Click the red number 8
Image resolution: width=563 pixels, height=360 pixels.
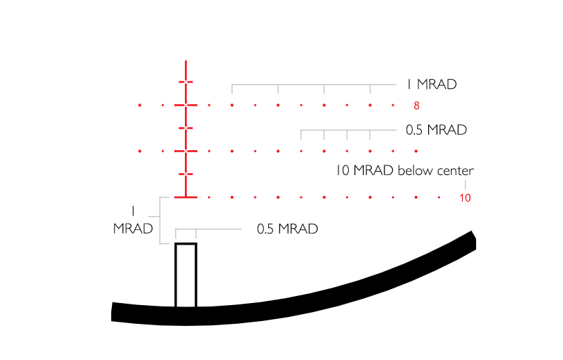click(x=416, y=106)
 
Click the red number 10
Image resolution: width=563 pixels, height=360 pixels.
click(x=465, y=198)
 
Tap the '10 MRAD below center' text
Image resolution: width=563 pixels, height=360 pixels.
click(x=404, y=170)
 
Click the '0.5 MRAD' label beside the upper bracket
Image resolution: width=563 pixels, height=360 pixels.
click(x=436, y=130)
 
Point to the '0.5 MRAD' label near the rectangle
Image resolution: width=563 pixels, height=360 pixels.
click(x=287, y=229)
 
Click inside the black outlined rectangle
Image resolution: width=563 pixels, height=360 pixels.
click(x=186, y=275)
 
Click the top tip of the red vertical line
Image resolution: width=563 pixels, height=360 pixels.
click(x=186, y=63)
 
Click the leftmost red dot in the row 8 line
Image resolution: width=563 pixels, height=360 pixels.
click(x=140, y=105)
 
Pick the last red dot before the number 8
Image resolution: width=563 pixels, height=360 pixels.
click(x=393, y=105)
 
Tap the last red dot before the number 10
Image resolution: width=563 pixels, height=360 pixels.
click(x=439, y=197)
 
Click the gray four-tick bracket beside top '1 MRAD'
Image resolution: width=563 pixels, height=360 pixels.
click(x=301, y=85)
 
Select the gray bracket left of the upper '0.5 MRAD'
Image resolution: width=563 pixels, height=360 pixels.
click(x=335, y=130)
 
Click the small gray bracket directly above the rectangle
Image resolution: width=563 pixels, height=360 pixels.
click(x=186, y=229)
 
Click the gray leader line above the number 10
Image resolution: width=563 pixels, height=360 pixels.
click(x=465, y=184)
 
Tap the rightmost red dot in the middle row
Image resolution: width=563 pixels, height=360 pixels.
click(x=416, y=151)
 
